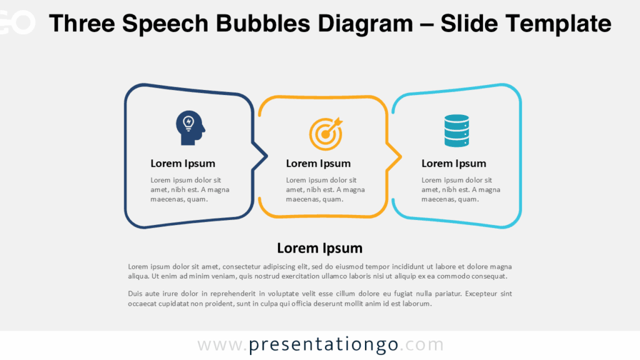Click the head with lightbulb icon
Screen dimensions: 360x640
(190, 128)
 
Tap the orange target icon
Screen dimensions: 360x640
(326, 132)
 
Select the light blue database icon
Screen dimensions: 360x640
(456, 130)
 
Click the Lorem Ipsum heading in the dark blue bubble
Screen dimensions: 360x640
(182, 164)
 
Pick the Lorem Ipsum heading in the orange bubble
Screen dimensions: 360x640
(318, 164)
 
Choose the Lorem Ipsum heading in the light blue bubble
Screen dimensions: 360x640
(454, 164)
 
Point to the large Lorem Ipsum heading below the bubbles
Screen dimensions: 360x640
(319, 248)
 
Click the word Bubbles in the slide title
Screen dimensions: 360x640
(266, 24)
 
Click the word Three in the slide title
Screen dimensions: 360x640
(81, 24)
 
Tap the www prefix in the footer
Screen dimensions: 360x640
(219, 345)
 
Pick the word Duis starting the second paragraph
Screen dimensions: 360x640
(135, 294)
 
